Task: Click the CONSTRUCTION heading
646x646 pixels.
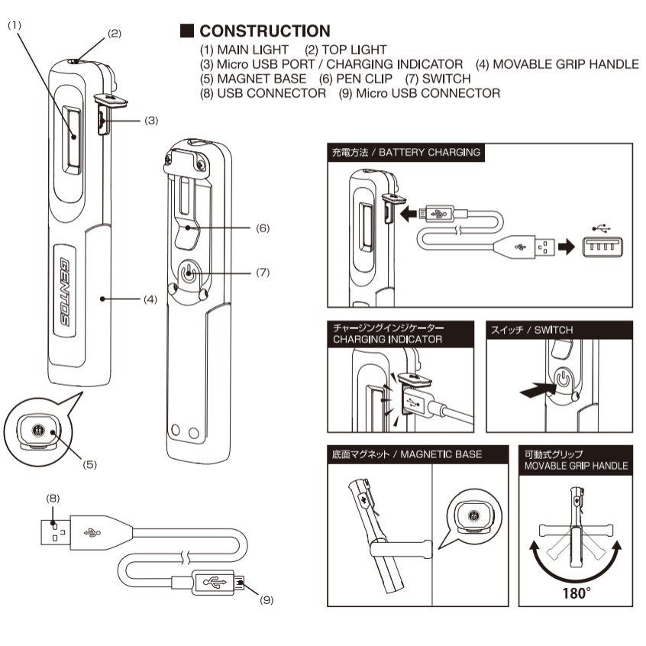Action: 265,31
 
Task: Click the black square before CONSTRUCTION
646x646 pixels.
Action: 187,31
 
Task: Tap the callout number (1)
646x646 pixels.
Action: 15,25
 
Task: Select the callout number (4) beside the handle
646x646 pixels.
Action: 150,299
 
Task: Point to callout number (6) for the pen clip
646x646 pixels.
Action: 263,228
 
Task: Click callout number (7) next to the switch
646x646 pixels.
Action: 263,273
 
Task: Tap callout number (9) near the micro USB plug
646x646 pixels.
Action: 266,600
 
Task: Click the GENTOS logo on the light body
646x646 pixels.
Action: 65,292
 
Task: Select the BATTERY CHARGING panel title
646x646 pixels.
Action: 406,153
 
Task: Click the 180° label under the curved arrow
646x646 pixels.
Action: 577,593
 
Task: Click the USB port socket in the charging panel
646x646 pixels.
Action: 602,247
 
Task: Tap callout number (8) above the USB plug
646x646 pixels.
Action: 53,499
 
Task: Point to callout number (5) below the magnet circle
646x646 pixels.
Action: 90,465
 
